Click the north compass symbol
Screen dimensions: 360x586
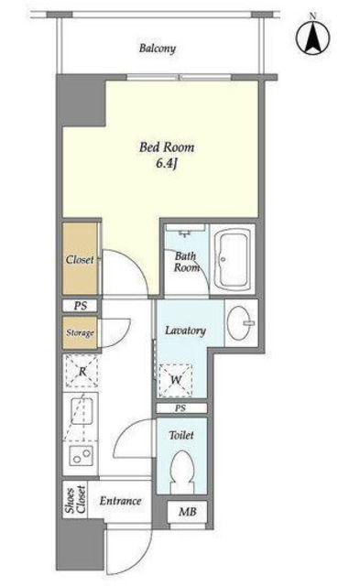click(313, 37)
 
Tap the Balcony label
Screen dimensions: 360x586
click(158, 49)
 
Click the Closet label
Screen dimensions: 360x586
click(80, 259)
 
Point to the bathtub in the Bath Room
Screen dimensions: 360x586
click(235, 259)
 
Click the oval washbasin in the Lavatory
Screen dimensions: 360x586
click(239, 323)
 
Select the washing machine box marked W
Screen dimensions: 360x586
click(175, 380)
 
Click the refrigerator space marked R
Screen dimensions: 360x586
click(82, 371)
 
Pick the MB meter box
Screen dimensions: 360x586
click(187, 512)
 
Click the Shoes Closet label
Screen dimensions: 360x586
click(75, 499)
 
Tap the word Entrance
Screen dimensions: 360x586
click(120, 501)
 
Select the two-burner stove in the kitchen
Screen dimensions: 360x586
click(82, 455)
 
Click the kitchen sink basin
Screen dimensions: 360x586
click(82, 411)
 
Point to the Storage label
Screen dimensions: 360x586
click(80, 332)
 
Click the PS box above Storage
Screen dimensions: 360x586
click(80, 306)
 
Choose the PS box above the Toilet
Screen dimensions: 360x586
click(181, 408)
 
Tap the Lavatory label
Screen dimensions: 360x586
click(185, 331)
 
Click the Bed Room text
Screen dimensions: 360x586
click(167, 146)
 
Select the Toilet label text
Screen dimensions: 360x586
click(181, 435)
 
